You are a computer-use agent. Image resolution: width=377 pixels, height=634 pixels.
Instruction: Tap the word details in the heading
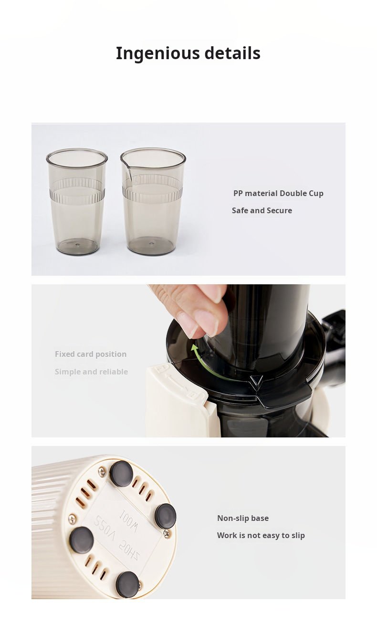pos(232,53)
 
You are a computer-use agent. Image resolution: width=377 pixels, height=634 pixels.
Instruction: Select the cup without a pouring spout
pos(77,201)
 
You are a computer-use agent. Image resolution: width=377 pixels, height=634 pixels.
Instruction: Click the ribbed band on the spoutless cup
pos(77,192)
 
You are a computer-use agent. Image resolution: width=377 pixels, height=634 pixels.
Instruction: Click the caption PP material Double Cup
pos(278,194)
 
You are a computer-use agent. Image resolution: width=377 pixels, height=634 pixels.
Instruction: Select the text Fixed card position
pos(91,354)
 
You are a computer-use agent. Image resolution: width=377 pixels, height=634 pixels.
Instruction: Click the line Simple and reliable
pos(91,372)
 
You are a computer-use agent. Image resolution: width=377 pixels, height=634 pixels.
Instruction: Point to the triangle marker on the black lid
pos(256,380)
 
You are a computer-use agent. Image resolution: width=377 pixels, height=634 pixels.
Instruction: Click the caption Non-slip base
pos(243,518)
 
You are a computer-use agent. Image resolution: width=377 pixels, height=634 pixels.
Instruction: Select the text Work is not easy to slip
pos(261,536)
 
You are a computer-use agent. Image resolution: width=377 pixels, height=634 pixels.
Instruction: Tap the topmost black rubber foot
pos(121,474)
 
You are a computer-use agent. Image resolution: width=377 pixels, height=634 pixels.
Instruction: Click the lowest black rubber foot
pos(127,584)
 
